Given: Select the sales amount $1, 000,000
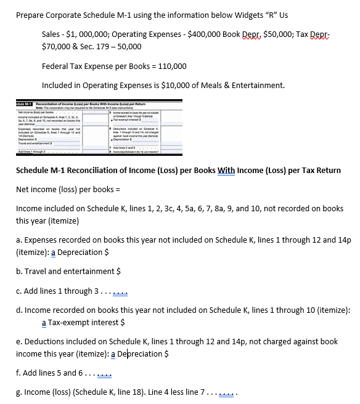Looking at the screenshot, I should coord(86,33).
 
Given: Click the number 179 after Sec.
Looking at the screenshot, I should coord(102,46).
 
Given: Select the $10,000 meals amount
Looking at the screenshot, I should coord(175,85).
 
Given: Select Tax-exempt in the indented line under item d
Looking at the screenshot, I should coord(67,321).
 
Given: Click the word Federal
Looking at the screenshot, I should coord(57,66).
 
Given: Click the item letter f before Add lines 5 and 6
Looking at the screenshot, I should coord(17,373).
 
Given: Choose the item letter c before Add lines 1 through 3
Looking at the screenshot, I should coord(18,291).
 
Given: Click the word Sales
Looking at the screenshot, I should coord(52,33).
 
